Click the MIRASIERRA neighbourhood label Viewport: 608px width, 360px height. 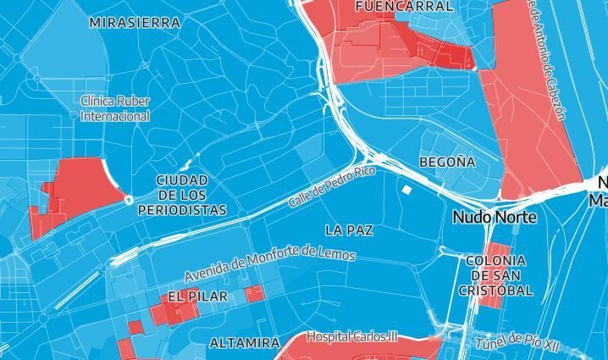click(135, 23)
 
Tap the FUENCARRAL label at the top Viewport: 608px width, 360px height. click(392, 6)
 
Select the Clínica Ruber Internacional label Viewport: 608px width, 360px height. click(115, 108)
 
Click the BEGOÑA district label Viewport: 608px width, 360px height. click(447, 161)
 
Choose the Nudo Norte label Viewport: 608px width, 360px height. click(495, 217)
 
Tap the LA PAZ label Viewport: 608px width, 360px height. click(349, 230)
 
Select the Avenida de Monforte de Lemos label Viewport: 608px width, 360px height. click(270, 263)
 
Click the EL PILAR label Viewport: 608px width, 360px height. click(197, 296)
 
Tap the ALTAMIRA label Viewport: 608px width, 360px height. click(244, 343)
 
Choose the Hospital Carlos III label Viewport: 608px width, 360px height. click(351, 336)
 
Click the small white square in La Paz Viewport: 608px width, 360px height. click(406, 190)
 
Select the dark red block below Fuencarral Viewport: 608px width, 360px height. click(449, 53)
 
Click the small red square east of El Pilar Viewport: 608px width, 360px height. click(253, 294)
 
